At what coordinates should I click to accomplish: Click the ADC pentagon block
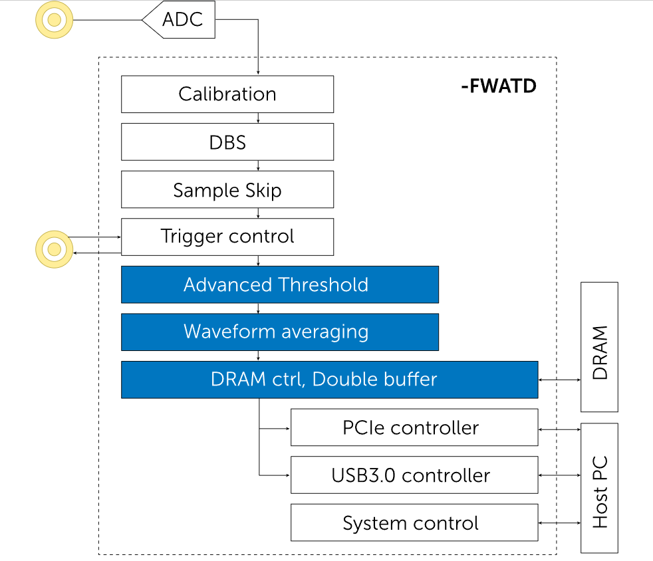pyautogui.click(x=181, y=20)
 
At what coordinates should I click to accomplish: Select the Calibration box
pyautogui.click(x=227, y=94)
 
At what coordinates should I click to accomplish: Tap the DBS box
pyautogui.click(x=227, y=142)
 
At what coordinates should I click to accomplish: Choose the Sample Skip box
pyautogui.click(x=227, y=190)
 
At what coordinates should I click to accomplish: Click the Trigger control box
pyautogui.click(x=227, y=237)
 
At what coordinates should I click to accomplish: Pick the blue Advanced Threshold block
pyautogui.click(x=279, y=284)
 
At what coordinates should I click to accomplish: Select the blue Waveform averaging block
pyautogui.click(x=279, y=332)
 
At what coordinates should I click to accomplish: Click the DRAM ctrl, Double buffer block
pyautogui.click(x=329, y=380)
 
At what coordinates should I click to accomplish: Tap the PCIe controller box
pyautogui.click(x=414, y=427)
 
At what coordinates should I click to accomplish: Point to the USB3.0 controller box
pyautogui.click(x=414, y=475)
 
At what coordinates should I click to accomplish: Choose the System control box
pyautogui.click(x=414, y=523)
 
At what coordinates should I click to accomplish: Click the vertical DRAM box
pyautogui.click(x=599, y=346)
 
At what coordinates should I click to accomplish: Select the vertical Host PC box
pyautogui.click(x=599, y=488)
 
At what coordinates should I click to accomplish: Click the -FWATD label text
pyautogui.click(x=498, y=86)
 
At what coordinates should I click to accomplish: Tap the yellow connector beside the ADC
pyautogui.click(x=54, y=20)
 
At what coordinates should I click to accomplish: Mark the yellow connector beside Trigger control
pyautogui.click(x=54, y=249)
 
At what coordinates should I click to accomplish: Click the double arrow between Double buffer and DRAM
pyautogui.click(x=559, y=380)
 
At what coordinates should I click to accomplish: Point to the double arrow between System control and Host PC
pyautogui.click(x=559, y=523)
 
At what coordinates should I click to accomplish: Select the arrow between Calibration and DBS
pyautogui.click(x=258, y=118)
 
